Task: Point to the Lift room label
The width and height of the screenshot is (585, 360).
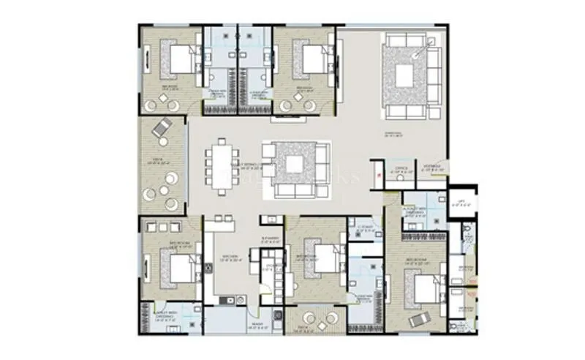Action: pos(461,206)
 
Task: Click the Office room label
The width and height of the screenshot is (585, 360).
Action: pos(400,168)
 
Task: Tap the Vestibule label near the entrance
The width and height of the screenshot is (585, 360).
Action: pos(431,167)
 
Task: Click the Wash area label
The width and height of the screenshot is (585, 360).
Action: pos(237,329)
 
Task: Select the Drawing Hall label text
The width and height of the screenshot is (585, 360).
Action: pos(395,134)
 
